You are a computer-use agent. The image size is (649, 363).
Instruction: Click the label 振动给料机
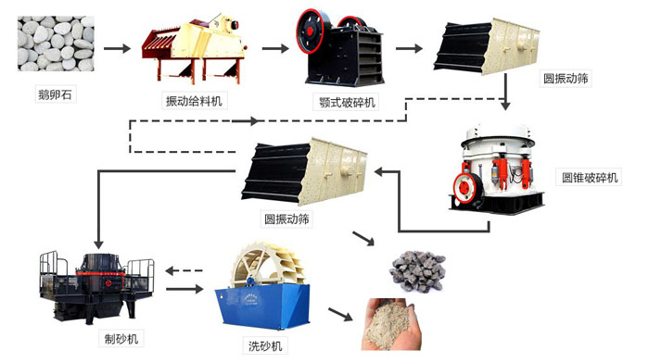click(197, 100)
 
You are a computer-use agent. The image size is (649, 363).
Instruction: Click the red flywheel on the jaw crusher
click(312, 26)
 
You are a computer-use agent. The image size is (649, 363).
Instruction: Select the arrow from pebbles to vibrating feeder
click(116, 46)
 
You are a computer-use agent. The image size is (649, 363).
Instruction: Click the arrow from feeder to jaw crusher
click(275, 46)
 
